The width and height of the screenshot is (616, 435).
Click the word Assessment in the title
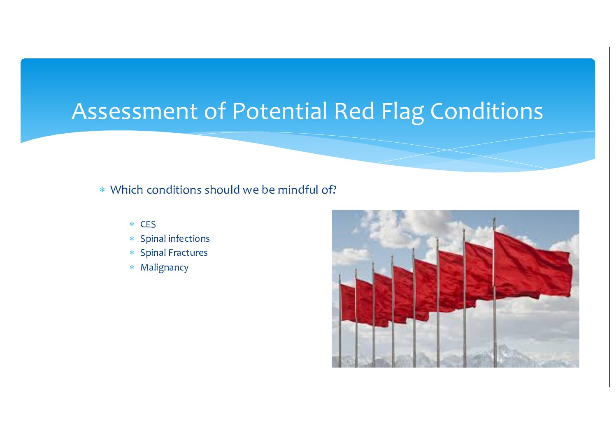click(x=135, y=111)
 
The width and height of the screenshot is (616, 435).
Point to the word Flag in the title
click(x=402, y=112)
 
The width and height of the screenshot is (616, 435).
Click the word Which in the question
click(x=127, y=190)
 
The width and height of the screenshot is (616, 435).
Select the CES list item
click(x=148, y=224)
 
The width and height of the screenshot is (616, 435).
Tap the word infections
click(x=189, y=238)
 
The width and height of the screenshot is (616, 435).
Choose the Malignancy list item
click(x=165, y=268)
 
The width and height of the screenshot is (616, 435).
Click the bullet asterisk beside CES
click(x=132, y=224)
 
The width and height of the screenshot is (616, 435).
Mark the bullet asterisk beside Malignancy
click(x=132, y=267)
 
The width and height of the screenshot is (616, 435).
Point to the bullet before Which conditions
click(x=102, y=190)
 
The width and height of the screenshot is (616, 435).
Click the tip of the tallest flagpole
click(x=494, y=218)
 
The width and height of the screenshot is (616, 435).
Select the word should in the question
click(x=222, y=190)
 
